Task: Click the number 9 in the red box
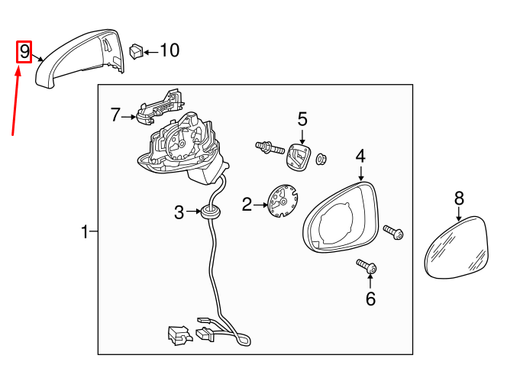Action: [24, 52]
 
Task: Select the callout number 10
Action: [170, 50]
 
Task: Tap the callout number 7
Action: [115, 115]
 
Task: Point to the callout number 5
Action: [302, 119]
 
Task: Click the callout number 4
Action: [360, 157]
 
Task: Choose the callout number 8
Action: [459, 199]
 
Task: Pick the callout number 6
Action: [370, 299]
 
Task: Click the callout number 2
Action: [247, 205]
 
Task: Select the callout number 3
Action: [179, 212]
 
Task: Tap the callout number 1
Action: [85, 232]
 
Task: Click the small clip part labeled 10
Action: [137, 52]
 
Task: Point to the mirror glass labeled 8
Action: [457, 247]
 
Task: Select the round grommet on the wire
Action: [210, 212]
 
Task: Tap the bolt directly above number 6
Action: [367, 266]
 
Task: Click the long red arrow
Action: [15, 99]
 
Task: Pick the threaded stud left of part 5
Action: [270, 148]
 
